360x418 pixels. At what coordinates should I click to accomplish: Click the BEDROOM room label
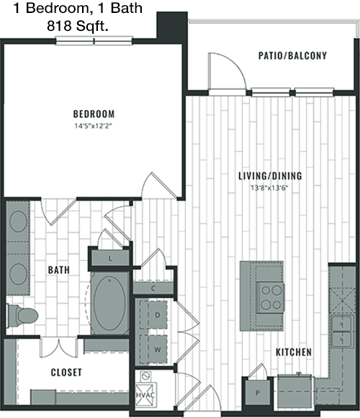tap(94, 114)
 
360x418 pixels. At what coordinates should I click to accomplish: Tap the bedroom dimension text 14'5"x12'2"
tap(93, 126)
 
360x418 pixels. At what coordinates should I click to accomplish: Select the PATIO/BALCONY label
tap(292, 55)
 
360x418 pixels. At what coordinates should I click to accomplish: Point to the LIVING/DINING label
tap(270, 176)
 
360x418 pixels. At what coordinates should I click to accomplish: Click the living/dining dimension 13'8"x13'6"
tap(269, 188)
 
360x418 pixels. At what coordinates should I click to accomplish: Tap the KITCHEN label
tap(294, 352)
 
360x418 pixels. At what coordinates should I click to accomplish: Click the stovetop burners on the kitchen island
tap(271, 297)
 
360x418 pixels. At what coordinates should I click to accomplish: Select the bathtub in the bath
tap(109, 303)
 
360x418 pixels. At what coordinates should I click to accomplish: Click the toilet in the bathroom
tap(22, 316)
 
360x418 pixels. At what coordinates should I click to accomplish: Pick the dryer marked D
tap(154, 314)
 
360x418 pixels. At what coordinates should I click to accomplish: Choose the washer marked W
tap(154, 349)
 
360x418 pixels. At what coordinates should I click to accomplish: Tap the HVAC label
tap(145, 395)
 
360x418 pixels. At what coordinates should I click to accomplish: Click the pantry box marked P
tap(258, 392)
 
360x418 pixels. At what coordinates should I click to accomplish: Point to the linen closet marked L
tap(110, 258)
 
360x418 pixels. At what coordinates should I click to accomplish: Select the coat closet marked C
tap(153, 288)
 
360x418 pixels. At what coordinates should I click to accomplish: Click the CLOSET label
tap(66, 373)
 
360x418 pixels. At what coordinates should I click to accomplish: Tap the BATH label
tap(59, 270)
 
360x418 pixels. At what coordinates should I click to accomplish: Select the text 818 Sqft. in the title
tap(78, 26)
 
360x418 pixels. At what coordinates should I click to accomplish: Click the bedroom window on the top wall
tap(94, 41)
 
